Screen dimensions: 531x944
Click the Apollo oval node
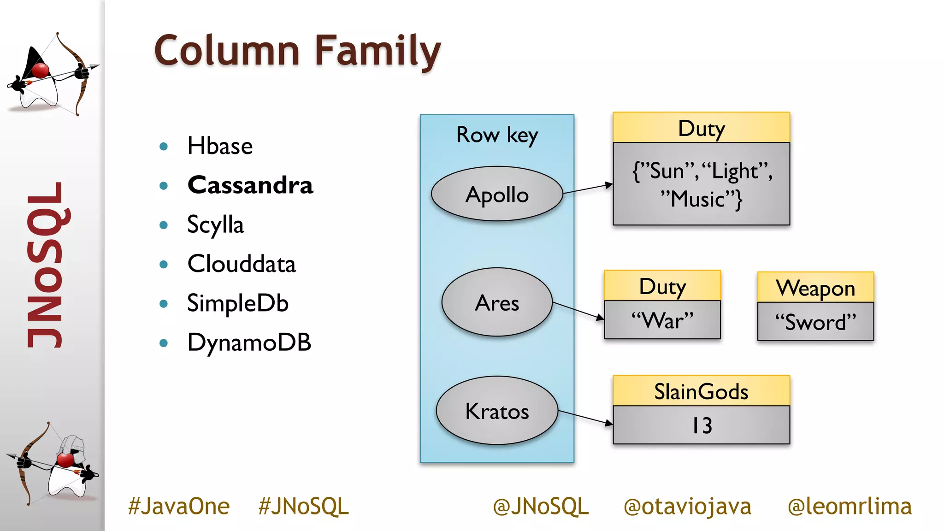pos(497,194)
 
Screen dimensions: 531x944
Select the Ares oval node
pos(497,303)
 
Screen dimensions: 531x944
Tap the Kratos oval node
pos(497,411)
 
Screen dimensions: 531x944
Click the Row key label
pos(497,135)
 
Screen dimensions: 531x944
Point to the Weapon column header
pos(815,288)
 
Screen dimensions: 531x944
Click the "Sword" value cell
pos(815,322)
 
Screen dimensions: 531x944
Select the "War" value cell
pos(662,320)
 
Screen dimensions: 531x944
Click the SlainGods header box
pos(701,391)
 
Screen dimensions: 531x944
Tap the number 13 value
pos(702,425)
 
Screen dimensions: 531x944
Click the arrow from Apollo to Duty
pos(588,189)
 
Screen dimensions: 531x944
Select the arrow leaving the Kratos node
pos(585,417)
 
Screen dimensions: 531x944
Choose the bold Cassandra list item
pos(250,185)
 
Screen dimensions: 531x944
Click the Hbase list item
pos(220,146)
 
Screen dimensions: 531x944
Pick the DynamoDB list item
pos(249,342)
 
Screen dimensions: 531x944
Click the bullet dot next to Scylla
pos(164,225)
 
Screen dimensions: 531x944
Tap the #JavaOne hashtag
pos(179,506)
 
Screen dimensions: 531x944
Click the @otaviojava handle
pos(687,506)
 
